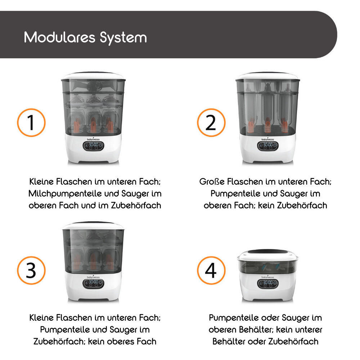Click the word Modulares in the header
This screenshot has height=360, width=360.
pos(59,37)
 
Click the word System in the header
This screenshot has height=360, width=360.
pos(123,38)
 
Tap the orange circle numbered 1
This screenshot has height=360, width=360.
pos(31,123)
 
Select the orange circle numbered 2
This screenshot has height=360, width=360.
pos(211,123)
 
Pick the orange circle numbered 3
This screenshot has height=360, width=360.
pos(31,270)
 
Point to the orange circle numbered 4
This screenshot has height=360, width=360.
pos(211,270)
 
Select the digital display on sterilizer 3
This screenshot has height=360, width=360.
pos(94,284)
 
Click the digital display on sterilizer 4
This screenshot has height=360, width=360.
pos(268,284)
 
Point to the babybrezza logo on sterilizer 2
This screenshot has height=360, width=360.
pos(268,139)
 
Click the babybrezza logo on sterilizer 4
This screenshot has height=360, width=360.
pos(268,277)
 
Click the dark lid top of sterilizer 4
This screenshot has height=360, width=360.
pos(267,252)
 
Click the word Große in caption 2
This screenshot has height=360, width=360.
pos(212,181)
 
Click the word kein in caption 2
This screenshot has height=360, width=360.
pos(266,205)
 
